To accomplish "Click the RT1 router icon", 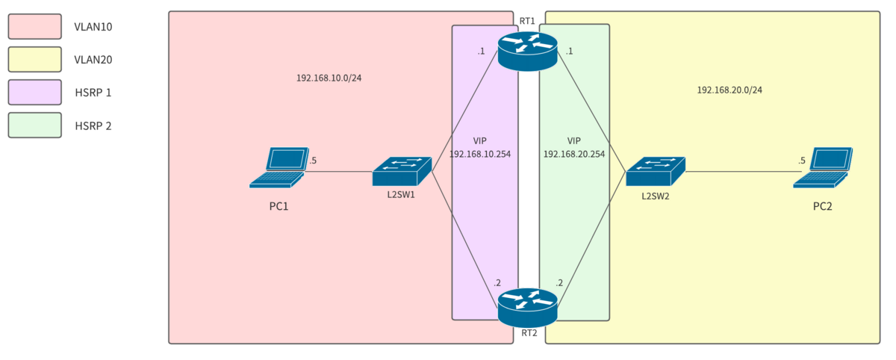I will [x=528, y=50].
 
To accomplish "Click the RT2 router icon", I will [x=528, y=307].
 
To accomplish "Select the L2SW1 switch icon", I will [x=402, y=171].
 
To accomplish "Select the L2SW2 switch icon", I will [x=655, y=171].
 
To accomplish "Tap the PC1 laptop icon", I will [x=279, y=167].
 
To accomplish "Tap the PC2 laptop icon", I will [x=823, y=167].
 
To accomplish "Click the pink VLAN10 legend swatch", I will [x=34, y=26].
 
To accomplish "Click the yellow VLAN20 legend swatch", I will [x=34, y=59].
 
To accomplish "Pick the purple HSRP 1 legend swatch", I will [x=34, y=93].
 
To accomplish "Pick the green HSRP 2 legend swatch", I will [x=34, y=125].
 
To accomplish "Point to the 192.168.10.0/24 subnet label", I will [x=334, y=78].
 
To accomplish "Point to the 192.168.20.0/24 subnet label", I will [x=729, y=90].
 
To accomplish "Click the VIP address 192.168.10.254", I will [x=480, y=154].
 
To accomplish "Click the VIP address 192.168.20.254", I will [x=573, y=154].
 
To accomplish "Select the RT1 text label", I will [x=527, y=21].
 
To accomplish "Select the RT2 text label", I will [x=529, y=333].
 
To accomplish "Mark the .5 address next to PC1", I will [x=313, y=161].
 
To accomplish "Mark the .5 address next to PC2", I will [x=802, y=161].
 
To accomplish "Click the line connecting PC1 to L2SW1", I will [x=340, y=172].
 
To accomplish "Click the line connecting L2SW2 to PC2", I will [x=739, y=172].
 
